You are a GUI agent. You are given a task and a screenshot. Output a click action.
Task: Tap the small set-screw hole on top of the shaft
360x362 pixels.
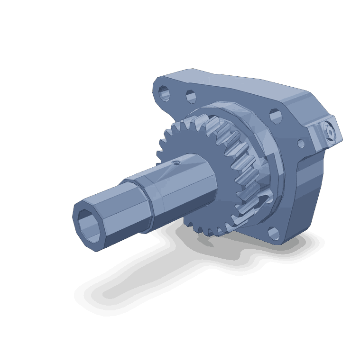click(176, 162)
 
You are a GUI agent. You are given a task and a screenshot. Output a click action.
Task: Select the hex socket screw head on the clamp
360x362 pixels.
click(330, 134)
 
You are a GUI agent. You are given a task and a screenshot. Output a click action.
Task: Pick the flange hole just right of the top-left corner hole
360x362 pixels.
click(191, 97)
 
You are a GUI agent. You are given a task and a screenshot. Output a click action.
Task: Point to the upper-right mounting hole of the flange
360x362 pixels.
click(276, 115)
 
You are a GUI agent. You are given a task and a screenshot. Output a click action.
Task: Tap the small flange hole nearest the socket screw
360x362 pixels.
click(301, 143)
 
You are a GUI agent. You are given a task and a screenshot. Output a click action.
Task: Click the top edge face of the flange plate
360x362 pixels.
click(228, 81)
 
